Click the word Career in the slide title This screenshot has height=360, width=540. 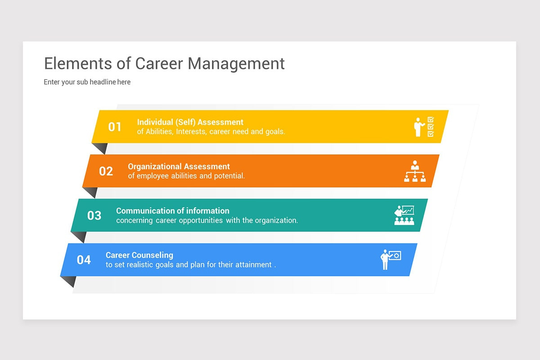[x=159, y=63]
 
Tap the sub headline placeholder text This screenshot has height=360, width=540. [x=87, y=82]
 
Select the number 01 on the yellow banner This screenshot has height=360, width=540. [x=115, y=127]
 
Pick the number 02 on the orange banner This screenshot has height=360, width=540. [x=106, y=171]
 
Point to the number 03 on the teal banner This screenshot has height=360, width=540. [x=94, y=216]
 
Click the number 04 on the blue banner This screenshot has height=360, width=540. [x=84, y=260]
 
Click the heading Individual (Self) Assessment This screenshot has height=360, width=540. [x=190, y=122]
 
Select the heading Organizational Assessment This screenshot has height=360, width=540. [x=179, y=166]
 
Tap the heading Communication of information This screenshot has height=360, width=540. [x=172, y=211]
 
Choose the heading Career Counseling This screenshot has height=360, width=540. [x=139, y=255]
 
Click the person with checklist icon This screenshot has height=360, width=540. [x=424, y=127]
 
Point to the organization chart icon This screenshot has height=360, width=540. [x=414, y=171]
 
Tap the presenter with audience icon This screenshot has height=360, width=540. [x=404, y=216]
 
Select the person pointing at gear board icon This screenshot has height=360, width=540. [x=390, y=260]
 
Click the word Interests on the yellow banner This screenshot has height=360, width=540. [x=191, y=132]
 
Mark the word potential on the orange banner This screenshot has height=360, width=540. [x=229, y=176]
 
